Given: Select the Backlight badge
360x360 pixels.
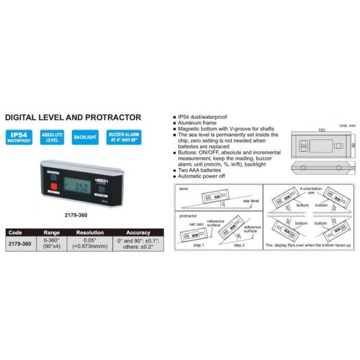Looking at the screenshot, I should point(85,137).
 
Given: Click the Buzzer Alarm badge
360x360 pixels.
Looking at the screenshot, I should point(122,137).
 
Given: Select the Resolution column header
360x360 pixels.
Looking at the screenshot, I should point(89,232).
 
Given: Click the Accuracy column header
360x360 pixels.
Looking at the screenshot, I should point(138,232).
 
